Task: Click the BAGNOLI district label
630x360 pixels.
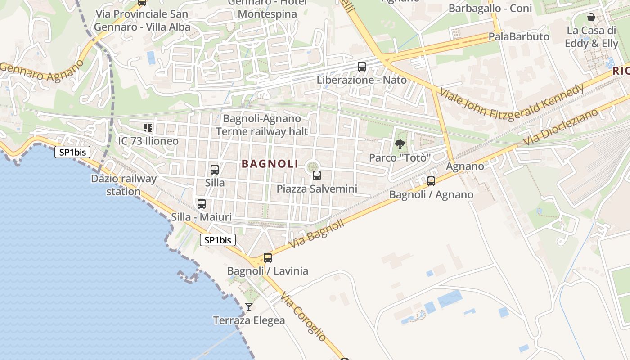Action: pyautogui.click(x=270, y=164)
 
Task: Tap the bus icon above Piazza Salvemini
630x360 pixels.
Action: pyautogui.click(x=317, y=175)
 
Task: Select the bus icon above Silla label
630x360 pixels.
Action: pyautogui.click(x=215, y=170)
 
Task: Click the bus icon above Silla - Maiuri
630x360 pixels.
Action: pyautogui.click(x=202, y=204)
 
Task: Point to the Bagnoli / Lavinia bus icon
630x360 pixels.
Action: pyautogui.click(x=268, y=258)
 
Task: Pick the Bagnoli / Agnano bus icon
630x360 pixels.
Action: pyautogui.click(x=431, y=181)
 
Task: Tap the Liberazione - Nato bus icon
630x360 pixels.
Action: pyautogui.click(x=362, y=67)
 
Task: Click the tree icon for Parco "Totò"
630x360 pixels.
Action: pyautogui.click(x=400, y=144)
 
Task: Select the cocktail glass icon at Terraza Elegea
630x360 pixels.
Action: pyautogui.click(x=249, y=307)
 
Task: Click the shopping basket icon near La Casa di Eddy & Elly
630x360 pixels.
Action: pyautogui.click(x=591, y=18)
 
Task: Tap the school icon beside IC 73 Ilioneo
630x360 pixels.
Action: pyautogui.click(x=148, y=128)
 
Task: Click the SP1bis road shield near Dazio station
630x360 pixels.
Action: pyautogui.click(x=72, y=152)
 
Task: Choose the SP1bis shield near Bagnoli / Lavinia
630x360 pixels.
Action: pyautogui.click(x=217, y=240)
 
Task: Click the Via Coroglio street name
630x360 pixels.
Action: pyautogui.click(x=303, y=316)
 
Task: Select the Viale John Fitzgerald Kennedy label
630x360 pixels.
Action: pyautogui.click(x=512, y=100)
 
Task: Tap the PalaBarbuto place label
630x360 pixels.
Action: pyautogui.click(x=519, y=36)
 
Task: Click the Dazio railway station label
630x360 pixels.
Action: pyautogui.click(x=124, y=185)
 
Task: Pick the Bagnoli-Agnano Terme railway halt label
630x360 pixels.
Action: pyautogui.click(x=262, y=125)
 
